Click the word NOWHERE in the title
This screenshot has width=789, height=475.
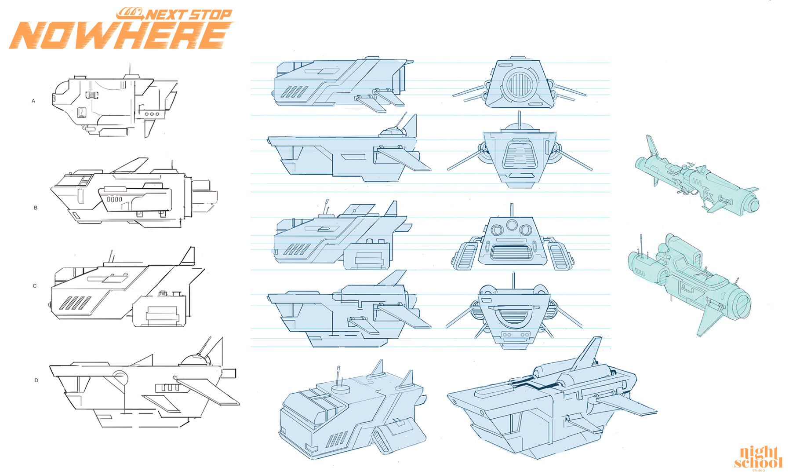[x=120, y=35]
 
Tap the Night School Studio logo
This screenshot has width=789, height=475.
[x=758, y=458]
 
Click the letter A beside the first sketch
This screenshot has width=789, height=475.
[x=33, y=101]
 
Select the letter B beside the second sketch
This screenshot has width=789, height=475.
[x=36, y=208]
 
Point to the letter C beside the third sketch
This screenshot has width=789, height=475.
[x=35, y=286]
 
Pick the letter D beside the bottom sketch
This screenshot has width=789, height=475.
[x=36, y=380]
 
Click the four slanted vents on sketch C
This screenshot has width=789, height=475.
[x=75, y=303]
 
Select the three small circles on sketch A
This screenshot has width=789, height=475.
[x=152, y=114]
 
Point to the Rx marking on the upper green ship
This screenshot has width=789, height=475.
[x=707, y=194]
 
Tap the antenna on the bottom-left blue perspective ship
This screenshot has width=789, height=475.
[x=339, y=376]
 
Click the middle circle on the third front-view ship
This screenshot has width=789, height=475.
[x=512, y=225]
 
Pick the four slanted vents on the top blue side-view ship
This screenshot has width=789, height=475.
[x=295, y=92]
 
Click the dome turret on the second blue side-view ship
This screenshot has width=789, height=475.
[x=392, y=130]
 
